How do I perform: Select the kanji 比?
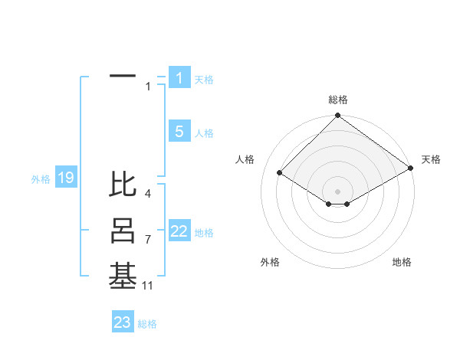coord(123,185)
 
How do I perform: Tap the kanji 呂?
coord(123,231)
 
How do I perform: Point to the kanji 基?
coord(123,277)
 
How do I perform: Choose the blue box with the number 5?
coord(179,132)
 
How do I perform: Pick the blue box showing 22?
coord(179,231)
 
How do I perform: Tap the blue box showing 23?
coord(122,322)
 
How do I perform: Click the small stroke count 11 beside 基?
coord(148,286)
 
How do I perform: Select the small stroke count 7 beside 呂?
coord(148,240)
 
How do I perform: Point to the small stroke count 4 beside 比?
coord(148,194)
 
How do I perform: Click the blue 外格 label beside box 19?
coord(41,179)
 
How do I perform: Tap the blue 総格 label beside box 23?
coord(147,324)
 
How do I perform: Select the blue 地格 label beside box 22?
coord(204,233)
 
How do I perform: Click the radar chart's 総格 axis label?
coord(338,100)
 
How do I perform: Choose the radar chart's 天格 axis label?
coord(431,159)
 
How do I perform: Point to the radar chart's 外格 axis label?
coord(270,262)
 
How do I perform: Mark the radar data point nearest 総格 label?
coord(338,116)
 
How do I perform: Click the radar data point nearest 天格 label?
coord(411,169)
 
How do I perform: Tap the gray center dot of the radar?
coord(338,191)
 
